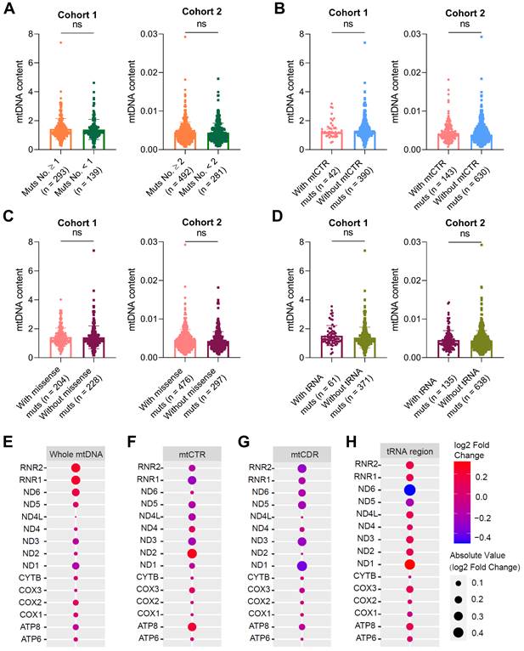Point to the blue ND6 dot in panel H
411,490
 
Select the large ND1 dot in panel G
302,566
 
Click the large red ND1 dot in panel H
411,564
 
